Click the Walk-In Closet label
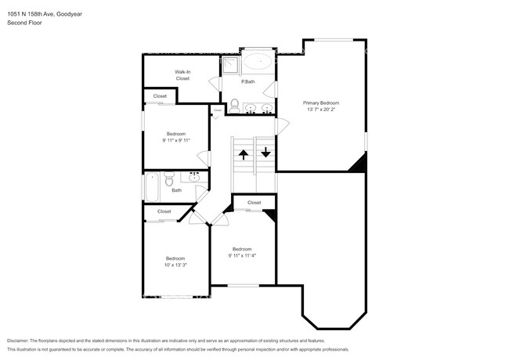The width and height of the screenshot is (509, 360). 182,75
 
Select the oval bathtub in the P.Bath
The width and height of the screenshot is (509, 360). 258,62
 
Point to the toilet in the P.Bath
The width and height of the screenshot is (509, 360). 234,104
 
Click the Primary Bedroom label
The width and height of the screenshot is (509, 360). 321,103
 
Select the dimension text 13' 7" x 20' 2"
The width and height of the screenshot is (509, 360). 321,110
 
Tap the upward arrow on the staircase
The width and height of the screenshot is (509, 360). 243,153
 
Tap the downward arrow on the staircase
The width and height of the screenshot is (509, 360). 265,151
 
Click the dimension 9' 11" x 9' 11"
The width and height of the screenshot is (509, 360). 175,141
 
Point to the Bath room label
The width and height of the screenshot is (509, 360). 177,189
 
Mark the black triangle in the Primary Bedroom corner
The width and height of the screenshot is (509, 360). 359,163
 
